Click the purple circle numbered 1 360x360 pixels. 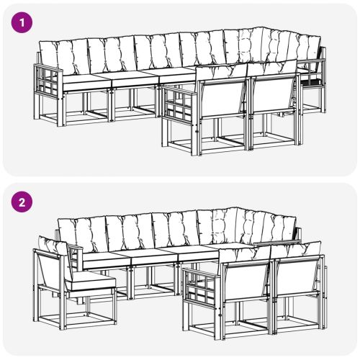[x=22, y=22]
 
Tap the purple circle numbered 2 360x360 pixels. [x=22, y=202]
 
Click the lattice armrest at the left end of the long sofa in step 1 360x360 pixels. [x=48, y=81]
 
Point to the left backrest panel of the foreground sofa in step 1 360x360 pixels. [x=222, y=99]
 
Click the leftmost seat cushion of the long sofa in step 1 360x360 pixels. [x=86, y=81]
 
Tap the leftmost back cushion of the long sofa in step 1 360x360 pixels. [x=64, y=58]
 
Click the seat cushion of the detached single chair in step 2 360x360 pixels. [x=91, y=283]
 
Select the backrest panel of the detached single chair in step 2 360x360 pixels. [x=52, y=269]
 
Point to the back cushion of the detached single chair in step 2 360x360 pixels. [x=54, y=246]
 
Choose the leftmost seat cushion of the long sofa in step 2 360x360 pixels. [x=106, y=260]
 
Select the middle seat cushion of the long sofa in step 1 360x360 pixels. [x=135, y=78]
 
